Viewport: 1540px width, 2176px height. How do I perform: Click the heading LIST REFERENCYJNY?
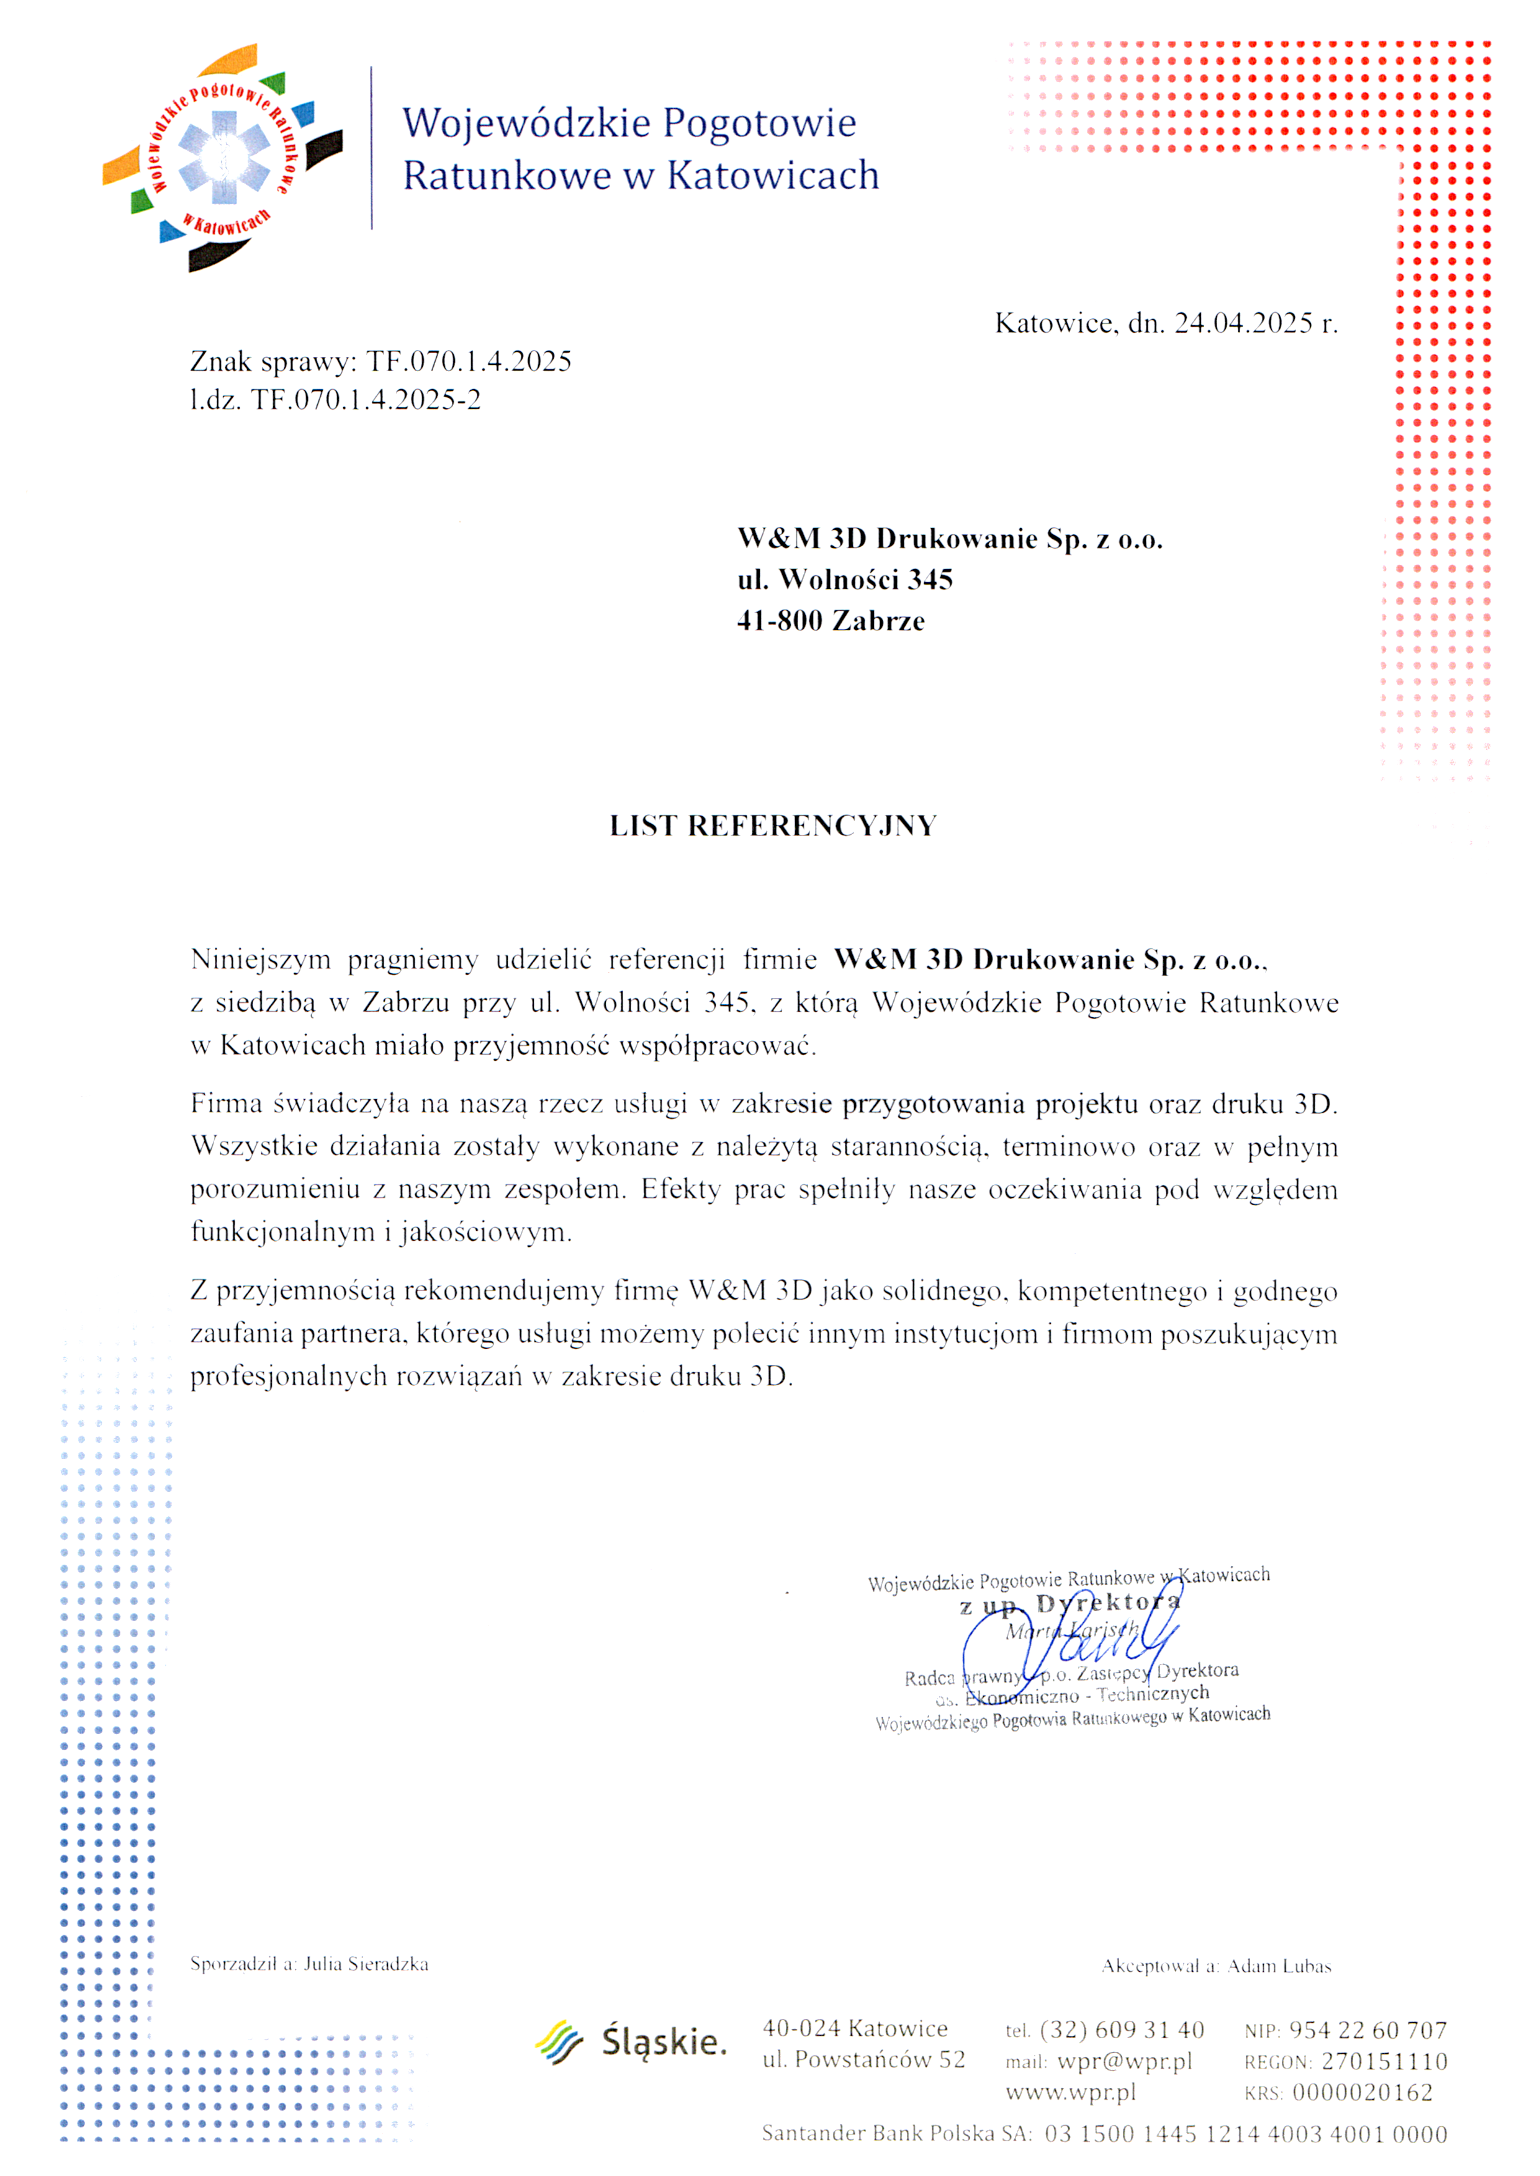click(x=773, y=826)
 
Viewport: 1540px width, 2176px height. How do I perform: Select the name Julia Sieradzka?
click(x=366, y=1964)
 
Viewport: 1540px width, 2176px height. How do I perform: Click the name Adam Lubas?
click(x=1279, y=1966)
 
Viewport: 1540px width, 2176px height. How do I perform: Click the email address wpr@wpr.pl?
click(x=1125, y=2061)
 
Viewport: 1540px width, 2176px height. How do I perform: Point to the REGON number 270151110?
click(x=1384, y=2061)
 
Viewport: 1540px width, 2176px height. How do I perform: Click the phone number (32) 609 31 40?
click(x=1122, y=2030)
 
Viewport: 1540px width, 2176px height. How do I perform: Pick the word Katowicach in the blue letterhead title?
click(x=773, y=176)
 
